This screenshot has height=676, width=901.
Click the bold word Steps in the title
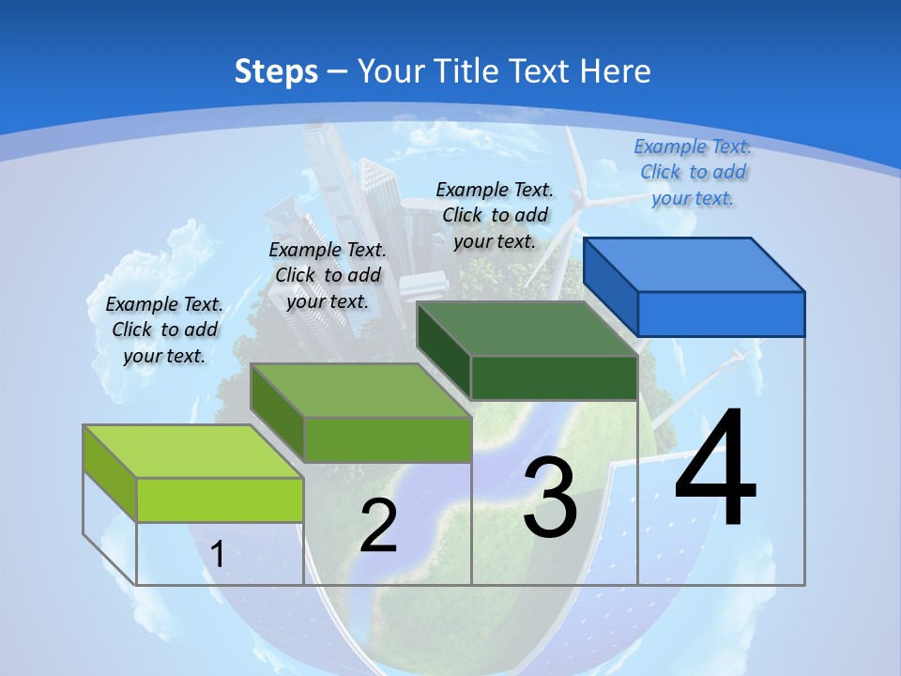tap(276, 71)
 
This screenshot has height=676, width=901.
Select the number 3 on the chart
tap(550, 498)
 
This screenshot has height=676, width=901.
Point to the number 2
tap(378, 526)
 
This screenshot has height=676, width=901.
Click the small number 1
tap(218, 555)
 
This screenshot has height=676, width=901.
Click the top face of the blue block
tap(695, 265)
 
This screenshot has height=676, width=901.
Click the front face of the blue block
tap(721, 314)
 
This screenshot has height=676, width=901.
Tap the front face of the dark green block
tap(554, 377)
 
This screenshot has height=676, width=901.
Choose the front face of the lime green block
tap(220, 499)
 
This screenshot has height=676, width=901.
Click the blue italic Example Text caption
tap(693, 172)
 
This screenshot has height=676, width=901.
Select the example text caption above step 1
tap(164, 330)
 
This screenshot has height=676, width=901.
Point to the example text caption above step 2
tap(328, 275)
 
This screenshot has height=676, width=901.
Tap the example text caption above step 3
tap(495, 215)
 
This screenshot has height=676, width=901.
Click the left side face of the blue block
tap(611, 287)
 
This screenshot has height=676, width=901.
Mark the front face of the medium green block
tap(387, 439)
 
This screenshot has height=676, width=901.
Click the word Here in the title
tap(616, 71)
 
